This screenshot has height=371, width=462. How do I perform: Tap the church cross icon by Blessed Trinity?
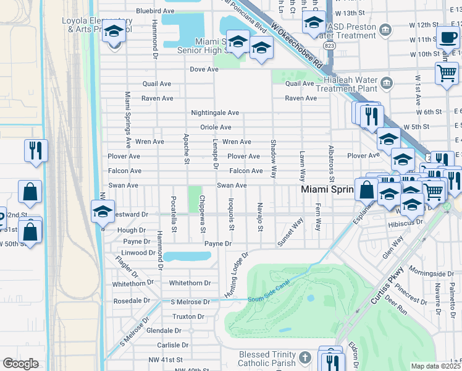pyautogui.click(x=305, y=357)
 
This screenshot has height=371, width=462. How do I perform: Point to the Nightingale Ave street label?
pyautogui.click(x=215, y=113)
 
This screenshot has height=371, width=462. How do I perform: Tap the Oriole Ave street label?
pyautogui.click(x=215, y=127)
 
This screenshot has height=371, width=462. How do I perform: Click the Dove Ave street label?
pyautogui.click(x=205, y=70)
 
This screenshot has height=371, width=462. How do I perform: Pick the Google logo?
pyautogui.click(x=21, y=364)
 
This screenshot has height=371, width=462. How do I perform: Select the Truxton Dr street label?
pyautogui.click(x=188, y=316)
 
